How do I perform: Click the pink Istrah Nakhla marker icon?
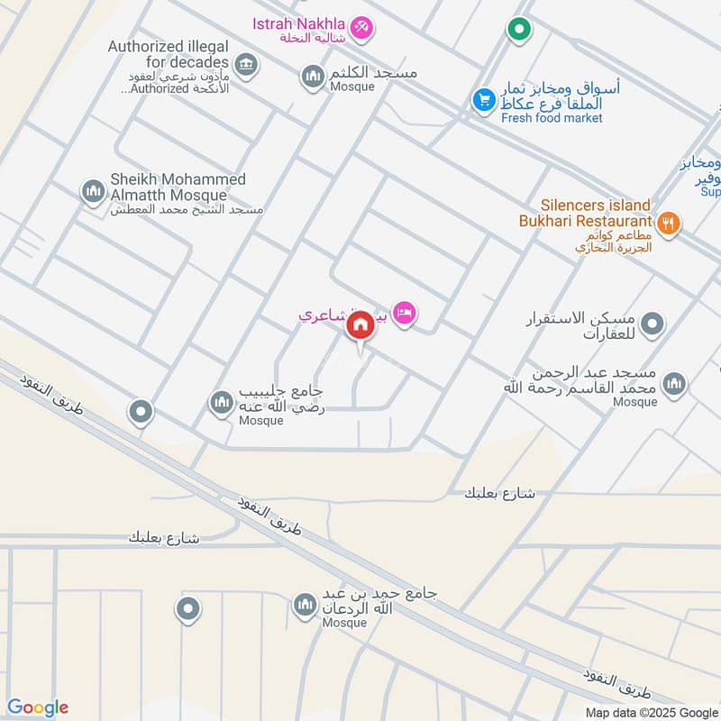[362, 28]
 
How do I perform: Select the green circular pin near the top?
[518, 31]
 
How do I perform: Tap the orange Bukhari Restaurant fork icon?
[668, 223]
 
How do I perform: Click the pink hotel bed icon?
[405, 313]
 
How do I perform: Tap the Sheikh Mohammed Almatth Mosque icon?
[93, 192]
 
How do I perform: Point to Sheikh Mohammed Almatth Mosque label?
[178, 187]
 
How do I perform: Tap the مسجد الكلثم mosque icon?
[313, 77]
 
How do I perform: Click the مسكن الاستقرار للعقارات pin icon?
[653, 323]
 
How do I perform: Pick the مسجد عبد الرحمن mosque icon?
[673, 385]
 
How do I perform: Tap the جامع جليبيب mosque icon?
[222, 403]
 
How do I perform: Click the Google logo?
[38, 707]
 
